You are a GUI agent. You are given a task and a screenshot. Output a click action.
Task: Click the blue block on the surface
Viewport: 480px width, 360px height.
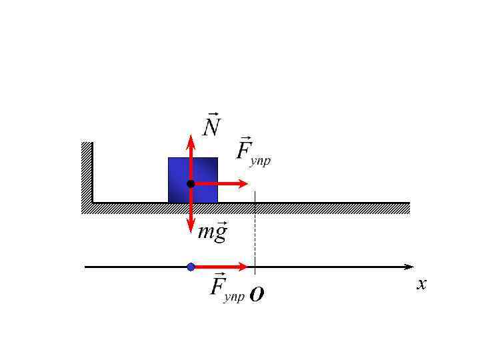(x=204, y=171)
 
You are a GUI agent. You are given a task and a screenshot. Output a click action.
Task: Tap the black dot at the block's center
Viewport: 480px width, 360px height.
(x=191, y=183)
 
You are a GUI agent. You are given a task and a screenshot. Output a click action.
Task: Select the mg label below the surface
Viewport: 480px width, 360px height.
(x=213, y=231)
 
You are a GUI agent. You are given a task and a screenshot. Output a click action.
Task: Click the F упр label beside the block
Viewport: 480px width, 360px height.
(x=253, y=151)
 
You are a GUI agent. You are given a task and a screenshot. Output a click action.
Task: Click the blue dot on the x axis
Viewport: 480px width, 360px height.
(x=191, y=267)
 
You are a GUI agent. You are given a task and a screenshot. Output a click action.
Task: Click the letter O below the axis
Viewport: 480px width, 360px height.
(x=257, y=295)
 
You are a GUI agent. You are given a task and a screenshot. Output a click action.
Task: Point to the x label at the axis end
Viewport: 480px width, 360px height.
(x=421, y=285)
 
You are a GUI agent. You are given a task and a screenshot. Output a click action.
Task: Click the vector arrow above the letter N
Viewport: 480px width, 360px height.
(x=212, y=114)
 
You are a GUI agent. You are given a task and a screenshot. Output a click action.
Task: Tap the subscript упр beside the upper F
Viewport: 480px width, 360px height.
(x=261, y=161)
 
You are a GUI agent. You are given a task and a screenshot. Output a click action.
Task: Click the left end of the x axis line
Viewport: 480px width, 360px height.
(x=86, y=267)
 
